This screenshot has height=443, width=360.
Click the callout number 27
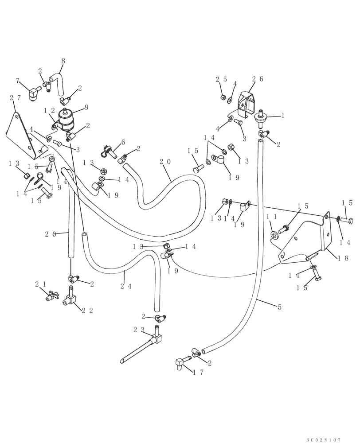coord(15,98)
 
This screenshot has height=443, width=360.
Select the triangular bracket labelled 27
coord(22,135)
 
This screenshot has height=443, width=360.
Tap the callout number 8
coord(63,62)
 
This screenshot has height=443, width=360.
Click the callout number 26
coord(258,79)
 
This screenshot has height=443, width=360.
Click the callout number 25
coord(221,79)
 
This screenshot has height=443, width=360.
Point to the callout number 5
coord(279,307)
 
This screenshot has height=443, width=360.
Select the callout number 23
coord(138,329)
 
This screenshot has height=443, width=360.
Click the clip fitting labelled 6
coord(108,152)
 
